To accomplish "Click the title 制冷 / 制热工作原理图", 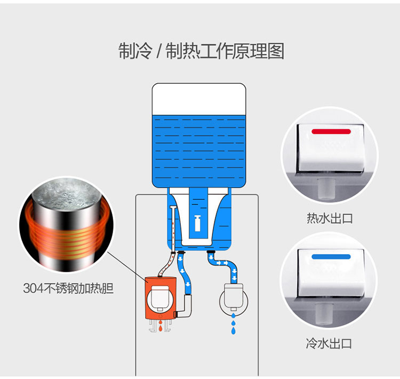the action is point(201,51).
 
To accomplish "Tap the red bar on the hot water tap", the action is point(331,131).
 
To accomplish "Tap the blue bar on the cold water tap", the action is point(331,257).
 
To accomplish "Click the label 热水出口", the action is point(330,219).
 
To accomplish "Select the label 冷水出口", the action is point(329,343).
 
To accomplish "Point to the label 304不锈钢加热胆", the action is point(68,288).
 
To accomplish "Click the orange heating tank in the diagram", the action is point(161,298).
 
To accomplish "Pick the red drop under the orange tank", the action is point(161,327).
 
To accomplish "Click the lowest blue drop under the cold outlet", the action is point(233,331).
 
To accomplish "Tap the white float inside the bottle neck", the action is point(197,223).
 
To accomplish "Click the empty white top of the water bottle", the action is point(199,99).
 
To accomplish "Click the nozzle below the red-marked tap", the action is point(326,189).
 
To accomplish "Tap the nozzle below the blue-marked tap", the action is point(324,314).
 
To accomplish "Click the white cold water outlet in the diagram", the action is point(234,296).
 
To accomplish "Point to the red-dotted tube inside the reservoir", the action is point(173,229).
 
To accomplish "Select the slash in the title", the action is point(159,51).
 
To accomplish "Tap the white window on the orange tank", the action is point(160,297).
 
